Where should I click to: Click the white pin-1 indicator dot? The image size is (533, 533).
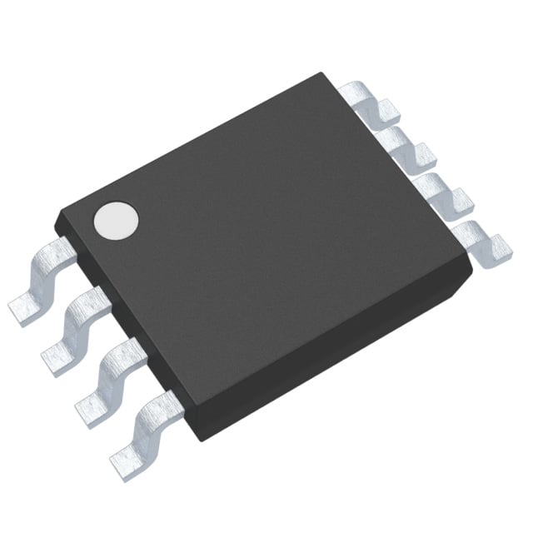[x=116, y=219]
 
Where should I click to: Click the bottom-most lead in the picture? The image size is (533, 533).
[x=146, y=429]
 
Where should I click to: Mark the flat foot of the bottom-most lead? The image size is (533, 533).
[x=125, y=457]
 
